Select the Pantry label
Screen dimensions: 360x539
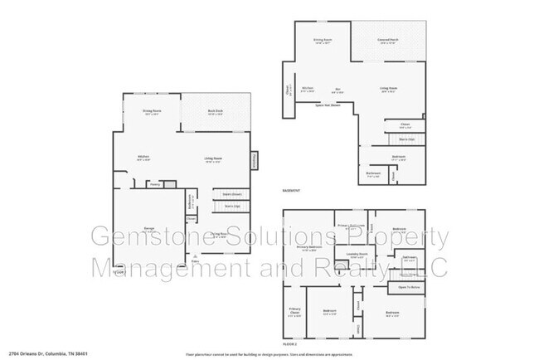(x=154, y=185)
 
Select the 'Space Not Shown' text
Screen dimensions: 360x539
(x=328, y=105)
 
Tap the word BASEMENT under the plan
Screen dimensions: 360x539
(x=291, y=190)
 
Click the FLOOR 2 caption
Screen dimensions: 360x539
(x=289, y=342)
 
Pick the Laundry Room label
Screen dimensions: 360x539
(x=357, y=255)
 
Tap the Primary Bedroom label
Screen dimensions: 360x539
(x=308, y=247)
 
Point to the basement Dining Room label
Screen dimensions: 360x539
(x=322, y=39)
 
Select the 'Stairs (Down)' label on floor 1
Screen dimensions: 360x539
(x=231, y=193)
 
